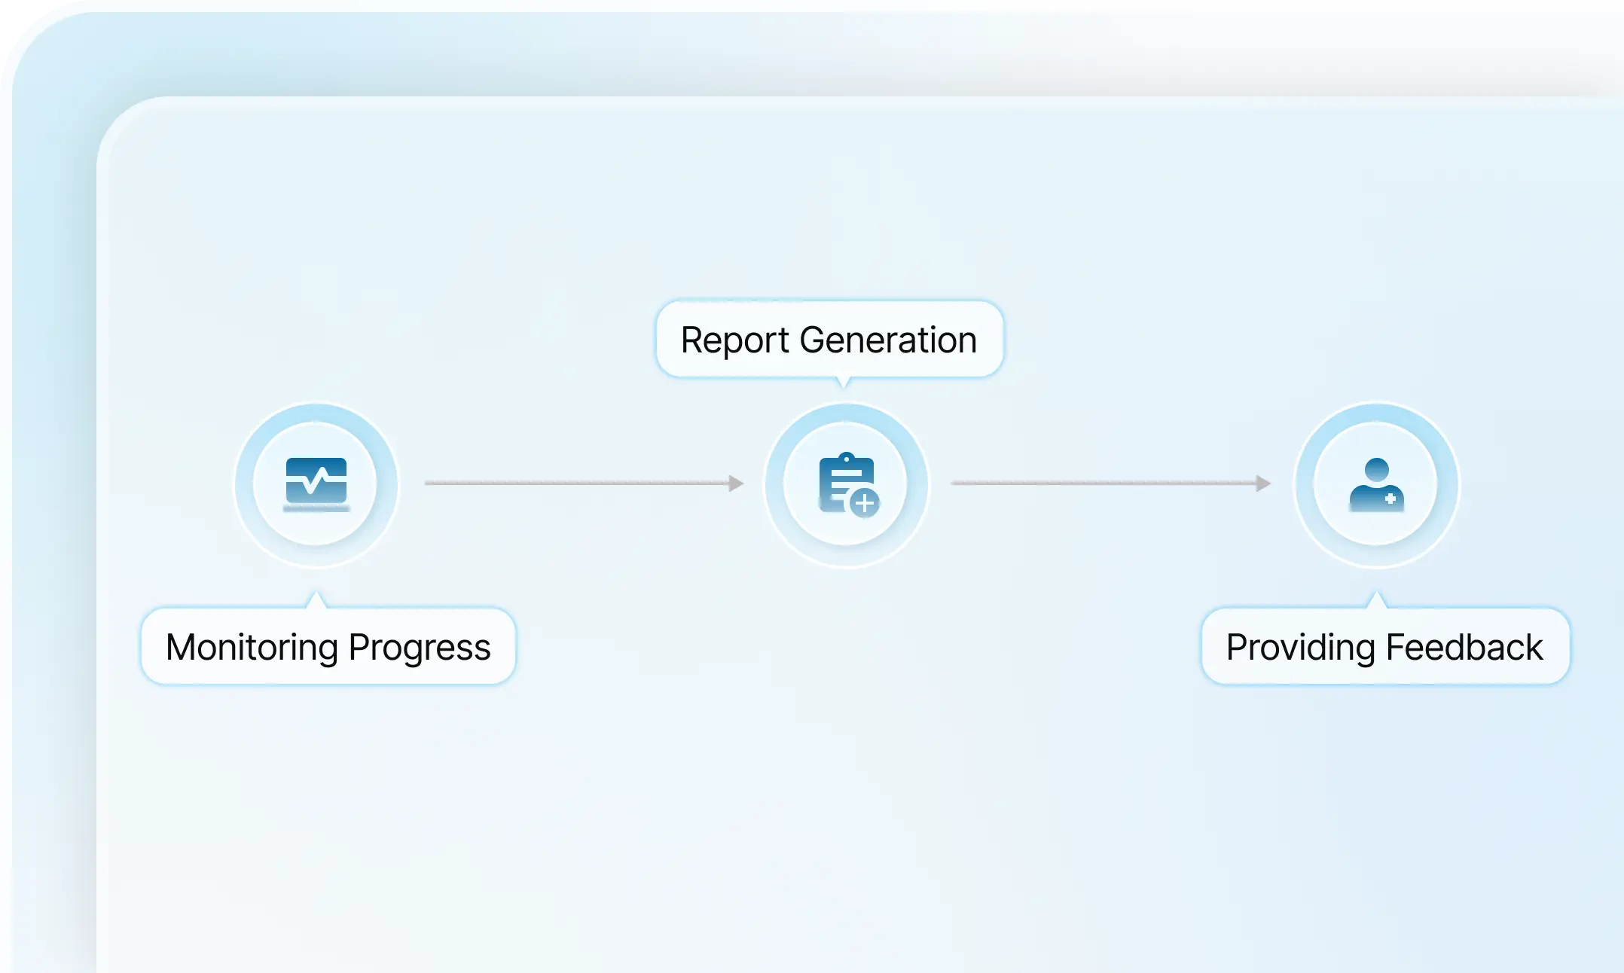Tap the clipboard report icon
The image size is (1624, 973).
tap(848, 484)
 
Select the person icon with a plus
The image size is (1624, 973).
tap(1376, 484)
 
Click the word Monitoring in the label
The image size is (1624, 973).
tap(252, 648)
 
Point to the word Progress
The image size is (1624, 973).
tap(420, 648)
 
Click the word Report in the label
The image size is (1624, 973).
tap(734, 340)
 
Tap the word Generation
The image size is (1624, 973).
tap(888, 340)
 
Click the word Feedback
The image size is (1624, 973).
tap(1464, 648)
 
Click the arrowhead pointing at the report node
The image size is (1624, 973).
tap(736, 483)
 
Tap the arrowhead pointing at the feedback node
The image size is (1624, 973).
tap(1263, 483)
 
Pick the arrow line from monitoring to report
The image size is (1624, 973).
tap(585, 483)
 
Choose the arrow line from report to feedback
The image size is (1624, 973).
tap(1112, 483)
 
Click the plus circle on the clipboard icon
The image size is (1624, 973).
tap(865, 502)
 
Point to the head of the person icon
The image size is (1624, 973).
tap(1377, 469)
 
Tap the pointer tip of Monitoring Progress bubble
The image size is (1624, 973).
tap(316, 592)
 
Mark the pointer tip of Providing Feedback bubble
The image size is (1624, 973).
tap(1376, 592)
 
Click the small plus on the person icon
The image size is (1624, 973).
tap(1390, 499)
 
